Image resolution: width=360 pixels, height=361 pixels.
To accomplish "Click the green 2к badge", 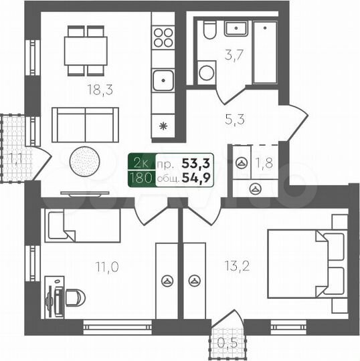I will point(141,162).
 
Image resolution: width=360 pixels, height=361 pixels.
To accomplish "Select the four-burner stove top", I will point(163,37).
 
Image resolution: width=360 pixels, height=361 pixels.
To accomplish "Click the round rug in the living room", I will point(86,160).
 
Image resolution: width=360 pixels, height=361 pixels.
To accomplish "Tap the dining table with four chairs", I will point(86,50).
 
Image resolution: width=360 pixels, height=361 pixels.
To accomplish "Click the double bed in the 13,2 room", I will point(306,263).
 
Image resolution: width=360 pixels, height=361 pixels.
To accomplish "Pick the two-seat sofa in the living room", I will point(85,124).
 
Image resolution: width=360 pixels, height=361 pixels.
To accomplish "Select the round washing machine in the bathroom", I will point(207,72).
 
